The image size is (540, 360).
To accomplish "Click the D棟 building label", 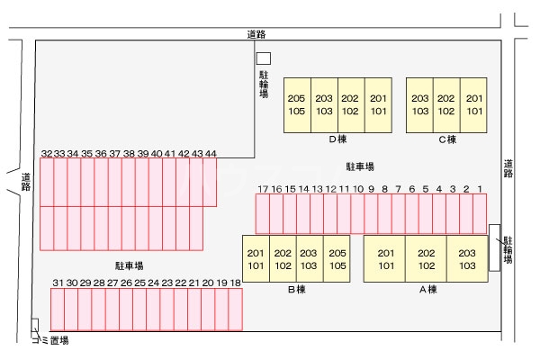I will (x=337, y=139).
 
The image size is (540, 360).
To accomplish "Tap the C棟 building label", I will (x=447, y=139).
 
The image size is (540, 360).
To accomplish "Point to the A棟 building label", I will (x=427, y=290).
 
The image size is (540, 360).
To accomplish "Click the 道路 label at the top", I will (x=256, y=34).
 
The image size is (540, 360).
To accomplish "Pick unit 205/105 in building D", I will (x=297, y=105).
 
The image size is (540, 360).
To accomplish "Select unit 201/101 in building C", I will (x=474, y=105).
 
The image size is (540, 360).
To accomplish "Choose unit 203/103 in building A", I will (x=466, y=259).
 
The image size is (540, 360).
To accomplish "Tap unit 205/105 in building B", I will (x=337, y=259).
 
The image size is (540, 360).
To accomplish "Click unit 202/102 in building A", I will (x=427, y=259).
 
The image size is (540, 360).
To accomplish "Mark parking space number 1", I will (x=481, y=214).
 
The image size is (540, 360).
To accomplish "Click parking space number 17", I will (x=263, y=214).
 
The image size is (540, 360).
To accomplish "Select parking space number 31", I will (x=57, y=310).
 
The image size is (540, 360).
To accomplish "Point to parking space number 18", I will (x=235, y=310).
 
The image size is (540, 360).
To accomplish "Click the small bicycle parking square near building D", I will (x=263, y=57).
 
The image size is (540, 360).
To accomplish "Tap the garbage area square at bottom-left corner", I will (x=35, y=325).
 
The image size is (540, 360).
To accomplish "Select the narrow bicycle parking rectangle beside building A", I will (x=494, y=247).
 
